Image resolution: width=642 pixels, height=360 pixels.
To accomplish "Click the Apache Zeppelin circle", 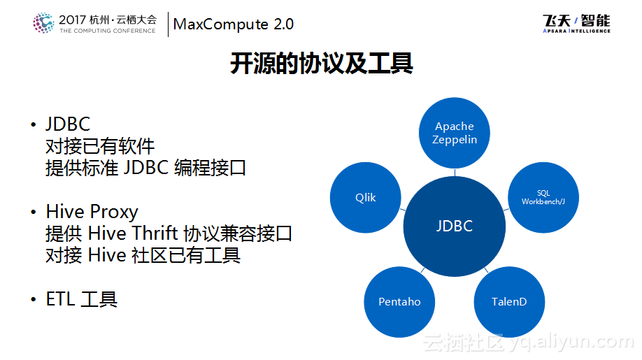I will point(455,133).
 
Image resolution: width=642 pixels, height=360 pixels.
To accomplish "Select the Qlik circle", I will point(365,198).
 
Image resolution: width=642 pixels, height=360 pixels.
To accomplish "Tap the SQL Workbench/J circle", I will point(543,198).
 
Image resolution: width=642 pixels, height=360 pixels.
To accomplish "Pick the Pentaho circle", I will point(399,302).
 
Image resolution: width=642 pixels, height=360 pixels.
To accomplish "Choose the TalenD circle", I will point(509,302).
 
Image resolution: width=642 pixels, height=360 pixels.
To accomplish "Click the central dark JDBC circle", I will point(455,226).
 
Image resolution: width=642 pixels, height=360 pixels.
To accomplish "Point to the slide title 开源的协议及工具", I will point(321,64).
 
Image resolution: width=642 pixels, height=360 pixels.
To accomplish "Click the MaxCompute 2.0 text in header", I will point(234,24).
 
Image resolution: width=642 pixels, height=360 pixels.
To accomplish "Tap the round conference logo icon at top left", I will point(43,23).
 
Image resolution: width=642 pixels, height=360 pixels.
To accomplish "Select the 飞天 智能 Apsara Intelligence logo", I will point(576,24).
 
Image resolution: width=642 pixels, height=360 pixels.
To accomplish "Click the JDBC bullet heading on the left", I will point(68,124).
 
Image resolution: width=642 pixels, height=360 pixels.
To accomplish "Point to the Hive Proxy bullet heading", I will point(92,212).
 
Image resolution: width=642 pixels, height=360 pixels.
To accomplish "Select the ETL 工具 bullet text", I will point(81,300).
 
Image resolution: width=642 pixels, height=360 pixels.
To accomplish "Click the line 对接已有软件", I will point(100,146).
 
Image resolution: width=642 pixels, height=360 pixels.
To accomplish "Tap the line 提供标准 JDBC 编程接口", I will point(145,168).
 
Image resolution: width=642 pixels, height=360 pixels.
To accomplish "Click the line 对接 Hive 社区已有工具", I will point(143,256).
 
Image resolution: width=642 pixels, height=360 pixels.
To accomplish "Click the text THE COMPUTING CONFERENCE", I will point(107,31).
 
